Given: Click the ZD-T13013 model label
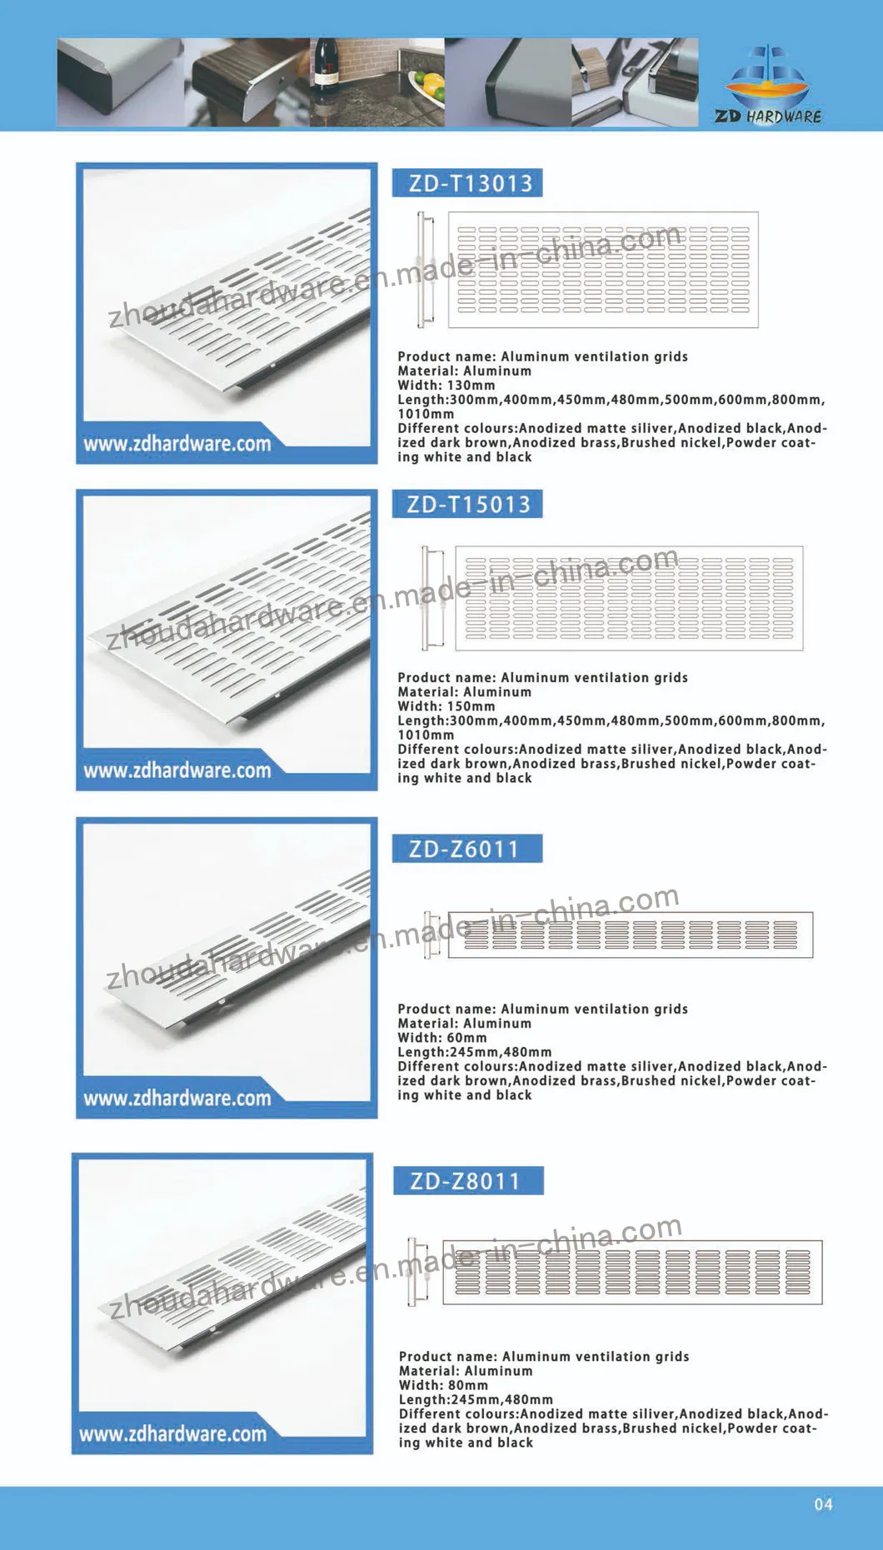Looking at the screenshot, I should (467, 183).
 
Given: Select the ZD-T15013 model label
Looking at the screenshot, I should (467, 504).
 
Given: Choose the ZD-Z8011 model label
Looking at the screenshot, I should (466, 1181).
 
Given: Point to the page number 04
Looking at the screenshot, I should (823, 1504).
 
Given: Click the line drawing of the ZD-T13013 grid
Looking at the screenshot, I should (603, 269).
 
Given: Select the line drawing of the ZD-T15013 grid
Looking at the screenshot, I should (629, 598).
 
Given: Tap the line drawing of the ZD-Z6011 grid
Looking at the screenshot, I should (630, 935).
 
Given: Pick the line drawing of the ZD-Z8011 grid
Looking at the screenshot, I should (632, 1272).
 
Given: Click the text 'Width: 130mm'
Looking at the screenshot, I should (446, 386).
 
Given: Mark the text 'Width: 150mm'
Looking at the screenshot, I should (446, 706).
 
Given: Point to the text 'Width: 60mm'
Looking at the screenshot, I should (442, 1038).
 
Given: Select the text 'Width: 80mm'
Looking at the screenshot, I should (444, 1385).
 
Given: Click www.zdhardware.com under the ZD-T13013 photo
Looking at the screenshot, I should (177, 444).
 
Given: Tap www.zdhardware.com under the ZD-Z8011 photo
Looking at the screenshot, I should (173, 1434).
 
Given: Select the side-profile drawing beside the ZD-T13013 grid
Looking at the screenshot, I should (425, 269).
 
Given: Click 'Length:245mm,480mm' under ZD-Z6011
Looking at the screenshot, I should (475, 1052).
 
